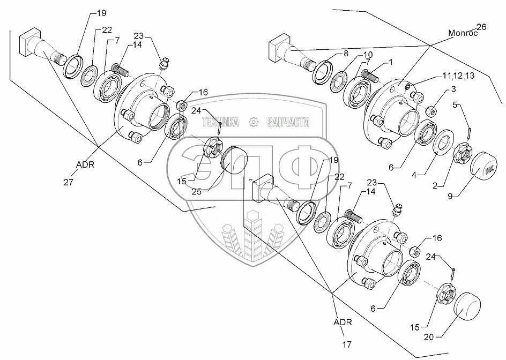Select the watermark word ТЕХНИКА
220,123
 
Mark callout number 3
453,88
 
